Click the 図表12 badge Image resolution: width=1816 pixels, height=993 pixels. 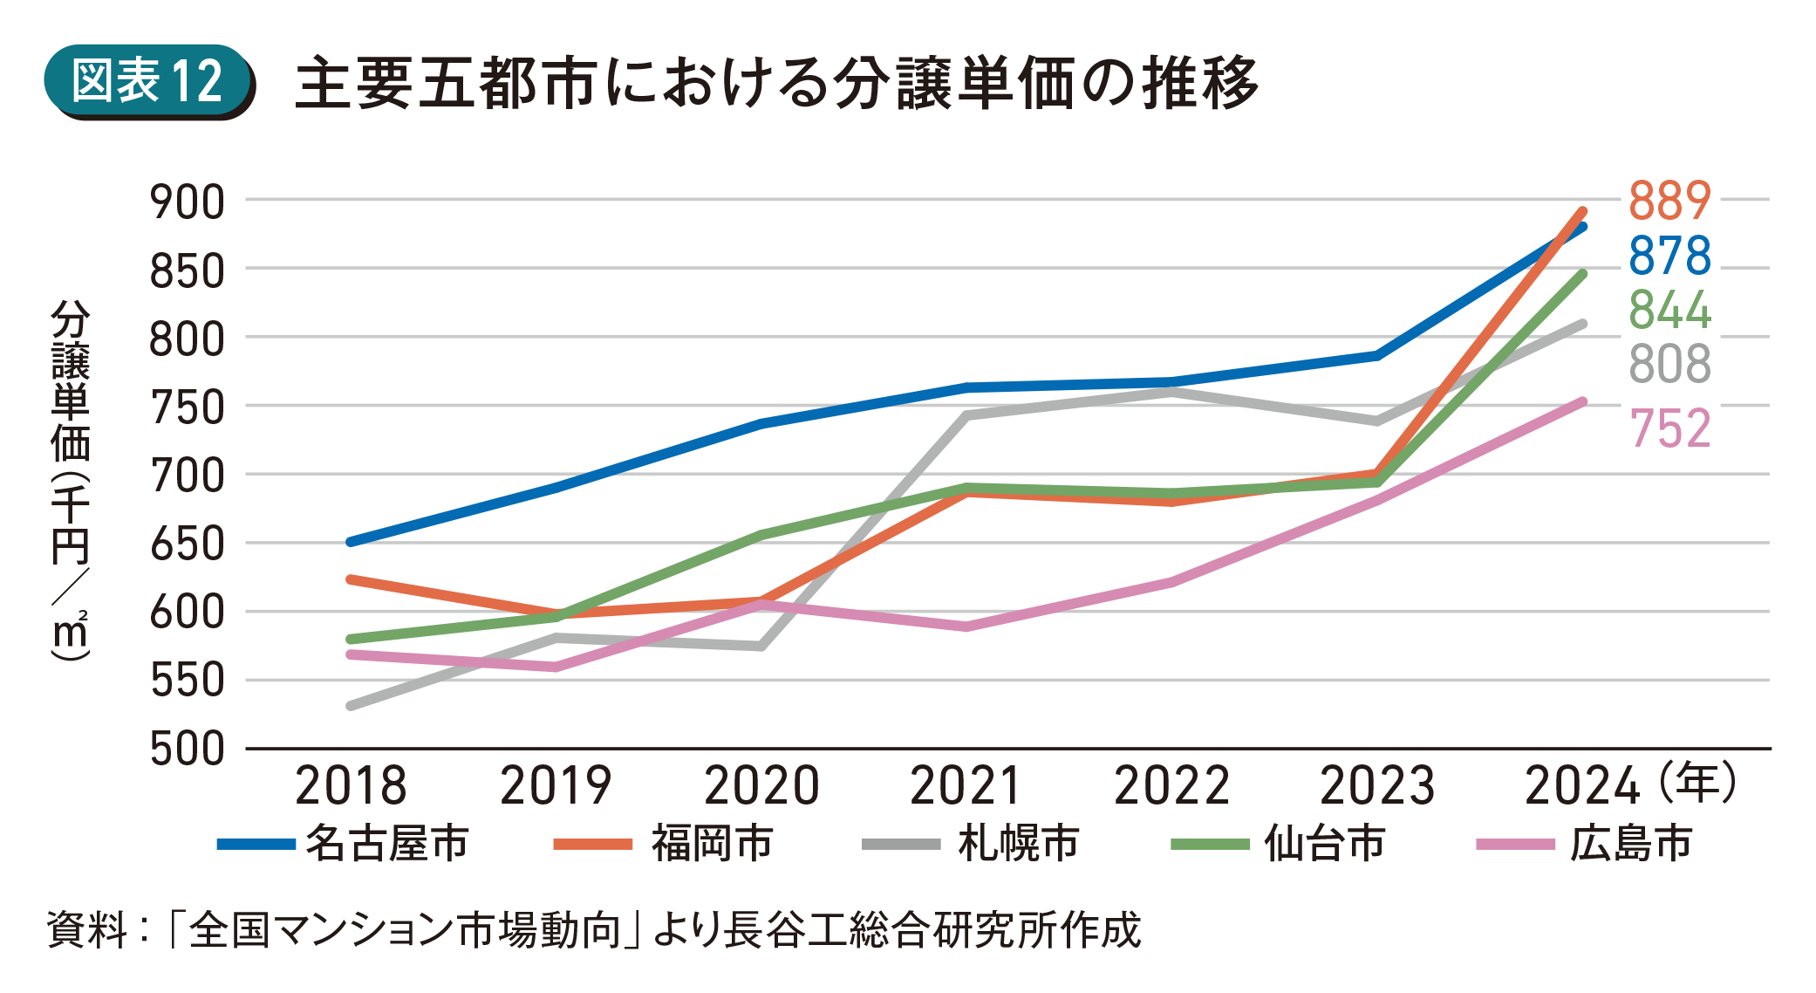tap(147, 81)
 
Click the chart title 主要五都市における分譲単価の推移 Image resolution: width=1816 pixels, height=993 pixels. tap(776, 84)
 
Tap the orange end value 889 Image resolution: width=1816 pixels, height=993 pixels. tap(1669, 201)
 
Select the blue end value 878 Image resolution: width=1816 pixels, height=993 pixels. tap(1669, 256)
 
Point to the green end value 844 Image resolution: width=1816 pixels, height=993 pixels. tap(1669, 311)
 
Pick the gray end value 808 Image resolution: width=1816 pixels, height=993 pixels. tap(1669, 365)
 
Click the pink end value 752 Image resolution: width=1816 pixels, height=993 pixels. tap(1669, 428)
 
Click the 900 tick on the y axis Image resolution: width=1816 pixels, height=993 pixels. tap(188, 202)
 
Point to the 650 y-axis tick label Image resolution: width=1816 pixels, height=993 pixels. tap(188, 545)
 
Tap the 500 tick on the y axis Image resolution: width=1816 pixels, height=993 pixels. tap(188, 750)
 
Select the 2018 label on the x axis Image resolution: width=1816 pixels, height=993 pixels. tap(351, 785)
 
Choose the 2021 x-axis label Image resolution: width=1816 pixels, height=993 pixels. tap(966, 785)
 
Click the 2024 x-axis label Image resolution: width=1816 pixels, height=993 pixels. tap(1582, 785)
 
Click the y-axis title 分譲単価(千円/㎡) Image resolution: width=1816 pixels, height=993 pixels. tap(71, 480)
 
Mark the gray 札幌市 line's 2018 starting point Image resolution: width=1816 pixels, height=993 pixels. tap(351, 705)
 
